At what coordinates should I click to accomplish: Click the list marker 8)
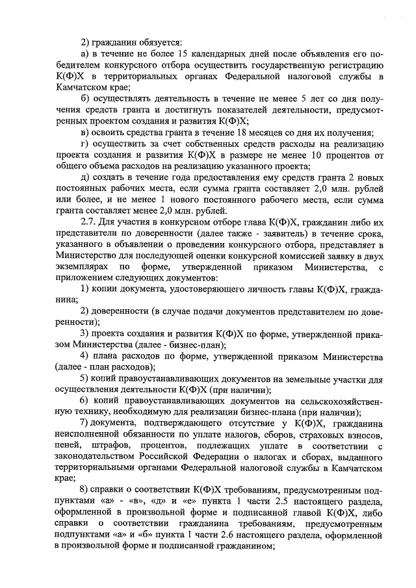84,491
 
